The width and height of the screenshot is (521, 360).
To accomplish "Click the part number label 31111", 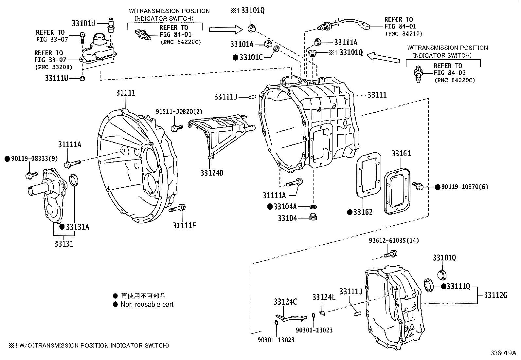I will pyautogui.click(x=126, y=93).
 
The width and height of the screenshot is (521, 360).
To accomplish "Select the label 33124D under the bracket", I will pyautogui.click(x=212, y=173).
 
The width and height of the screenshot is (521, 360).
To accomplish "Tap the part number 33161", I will pyautogui.click(x=401, y=154).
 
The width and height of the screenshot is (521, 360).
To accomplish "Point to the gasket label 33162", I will pyautogui.click(x=363, y=212).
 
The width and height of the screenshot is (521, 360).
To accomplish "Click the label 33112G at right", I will pyautogui.click(x=495, y=295).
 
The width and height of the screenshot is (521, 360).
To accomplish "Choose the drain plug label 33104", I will pyautogui.click(x=287, y=218).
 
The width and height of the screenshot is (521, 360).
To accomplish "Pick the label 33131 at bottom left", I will pyautogui.click(x=64, y=244).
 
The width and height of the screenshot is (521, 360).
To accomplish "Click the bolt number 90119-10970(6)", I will pyautogui.click(x=464, y=187).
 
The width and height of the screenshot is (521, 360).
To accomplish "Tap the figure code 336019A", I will pyautogui.click(x=503, y=353).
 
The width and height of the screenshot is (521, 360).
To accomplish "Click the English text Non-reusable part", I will pyautogui.click(x=147, y=304).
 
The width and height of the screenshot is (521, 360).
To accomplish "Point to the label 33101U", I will pyautogui.click(x=83, y=23).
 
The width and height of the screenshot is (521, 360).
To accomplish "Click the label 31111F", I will pyautogui.click(x=185, y=226).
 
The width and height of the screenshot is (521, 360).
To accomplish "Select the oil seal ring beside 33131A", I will pyautogui.click(x=74, y=180).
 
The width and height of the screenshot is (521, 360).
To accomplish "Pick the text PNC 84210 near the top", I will pyautogui.click(x=404, y=34).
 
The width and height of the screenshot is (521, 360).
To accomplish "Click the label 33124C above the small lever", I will pyautogui.click(x=285, y=302).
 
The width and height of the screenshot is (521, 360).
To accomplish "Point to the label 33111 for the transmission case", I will pyautogui.click(x=377, y=95).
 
